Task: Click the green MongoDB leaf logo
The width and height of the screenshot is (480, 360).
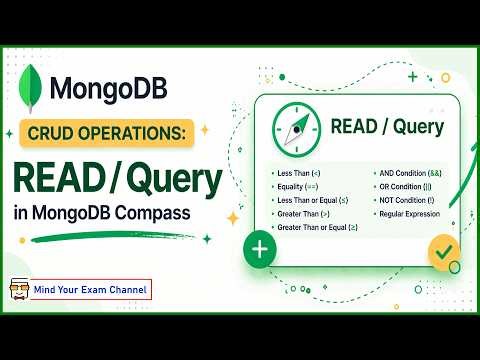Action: (38, 88)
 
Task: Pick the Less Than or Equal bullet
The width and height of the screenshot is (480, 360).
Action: (310, 200)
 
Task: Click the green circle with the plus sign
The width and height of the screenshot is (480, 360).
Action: (259, 249)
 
